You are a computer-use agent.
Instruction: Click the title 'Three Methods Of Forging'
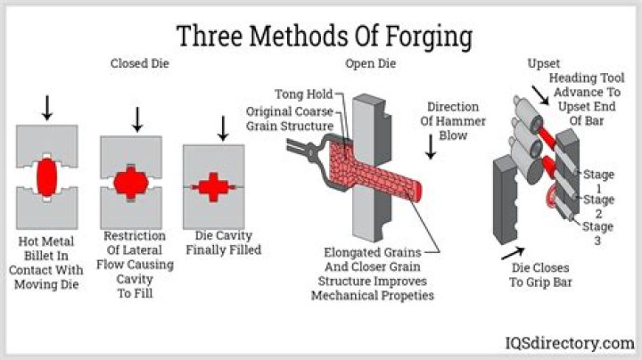(324, 36)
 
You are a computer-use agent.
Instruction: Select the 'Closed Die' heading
(140, 64)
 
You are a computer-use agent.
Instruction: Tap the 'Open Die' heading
(370, 64)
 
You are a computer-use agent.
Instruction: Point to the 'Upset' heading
(544, 64)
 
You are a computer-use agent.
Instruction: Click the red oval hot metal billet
(46, 178)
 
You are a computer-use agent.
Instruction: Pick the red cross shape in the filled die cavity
(214, 186)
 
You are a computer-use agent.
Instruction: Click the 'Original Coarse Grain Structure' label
(290, 118)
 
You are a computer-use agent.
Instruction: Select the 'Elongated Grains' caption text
(372, 274)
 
